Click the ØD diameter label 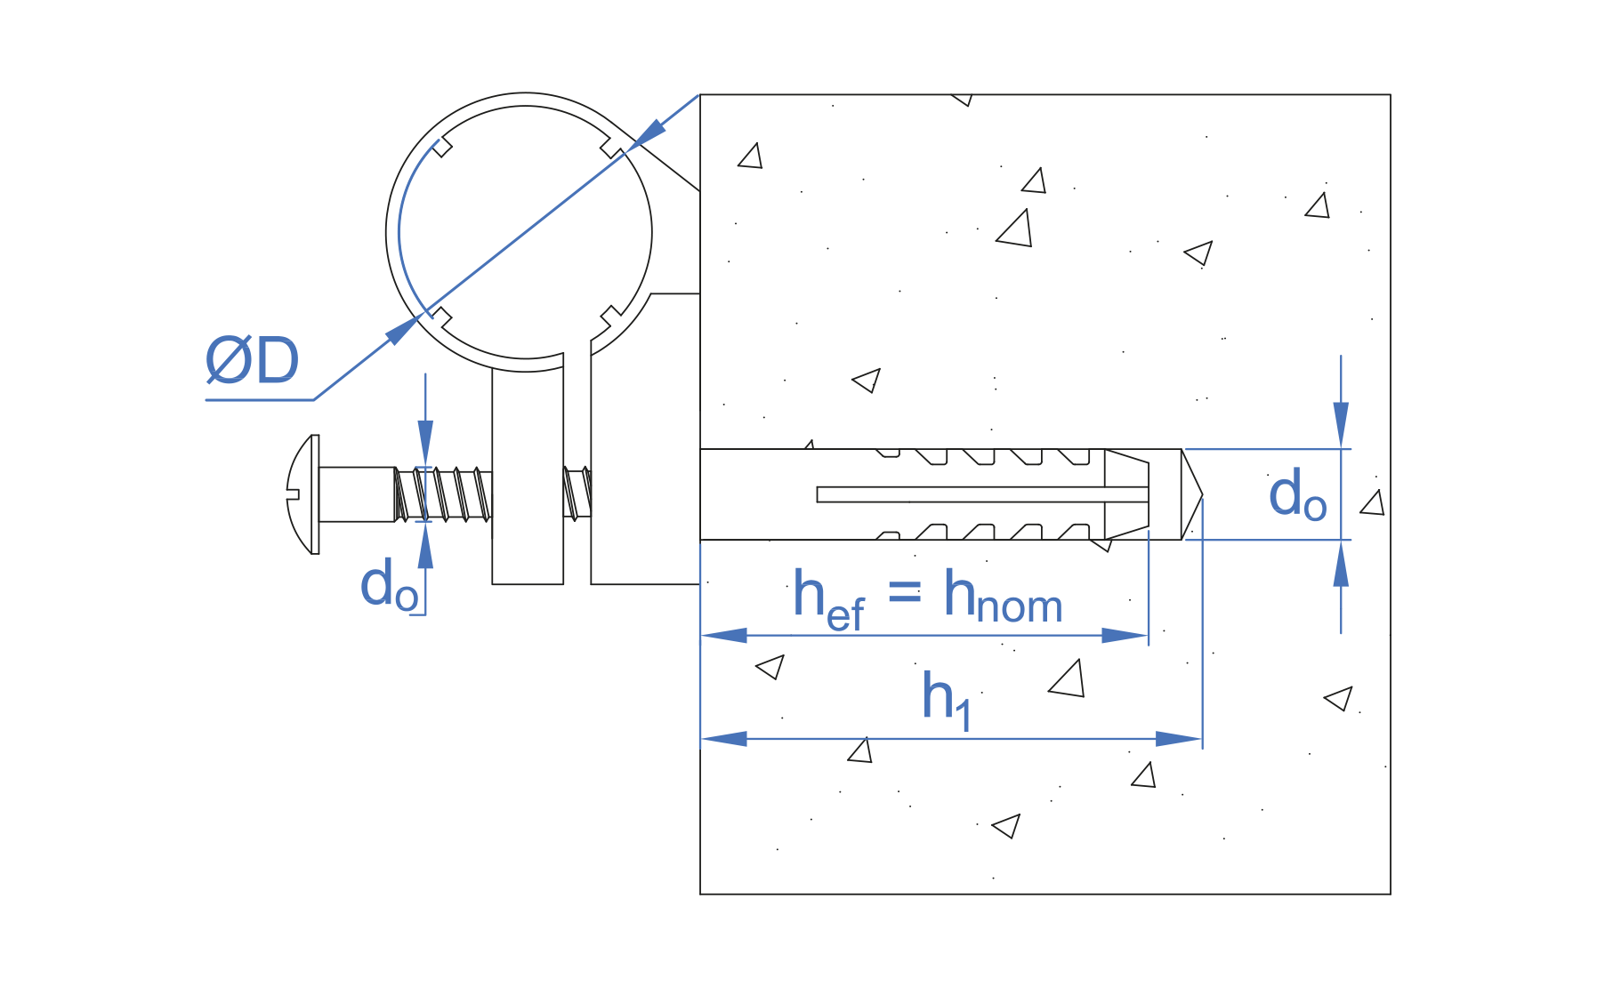pyautogui.click(x=252, y=361)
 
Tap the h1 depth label pyautogui.click(x=946, y=701)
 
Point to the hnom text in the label pyautogui.click(x=1003, y=598)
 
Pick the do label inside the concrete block pyautogui.click(x=1296, y=496)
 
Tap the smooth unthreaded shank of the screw pyautogui.click(x=356, y=494)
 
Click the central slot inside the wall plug pyautogui.click(x=979, y=494)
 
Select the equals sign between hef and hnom pyautogui.click(x=905, y=590)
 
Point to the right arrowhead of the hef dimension pyautogui.click(x=1125, y=636)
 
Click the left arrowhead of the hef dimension pyautogui.click(x=724, y=636)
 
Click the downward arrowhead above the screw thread pyautogui.click(x=425, y=442)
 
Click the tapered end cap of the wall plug pyautogui.click(x=1127, y=494)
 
